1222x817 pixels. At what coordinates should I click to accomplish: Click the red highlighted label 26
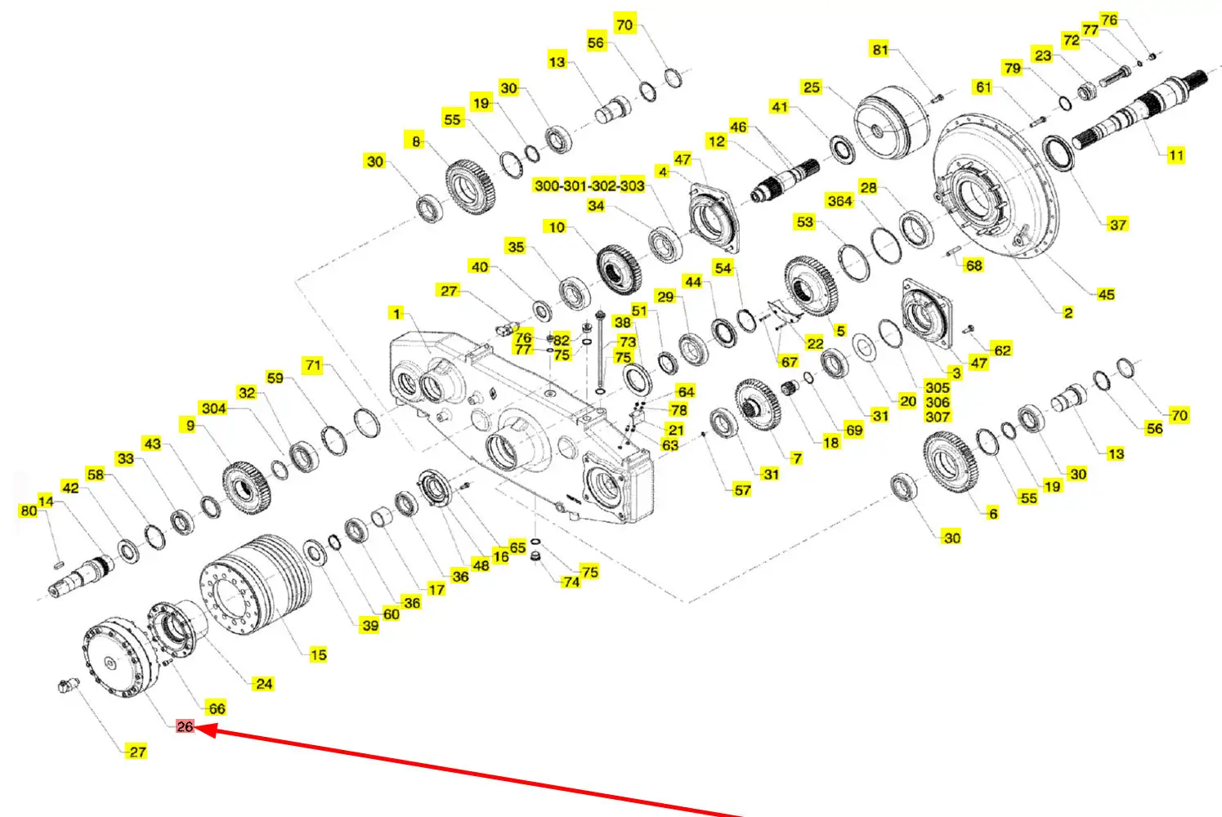click(x=185, y=726)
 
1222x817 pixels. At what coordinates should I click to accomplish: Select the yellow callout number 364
click(x=839, y=201)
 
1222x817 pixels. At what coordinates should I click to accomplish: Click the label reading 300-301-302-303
click(x=589, y=185)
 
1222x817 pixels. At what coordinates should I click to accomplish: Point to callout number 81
click(x=880, y=50)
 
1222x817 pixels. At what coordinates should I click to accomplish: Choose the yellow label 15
click(x=318, y=654)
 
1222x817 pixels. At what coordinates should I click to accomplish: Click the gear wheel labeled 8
click(x=470, y=187)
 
